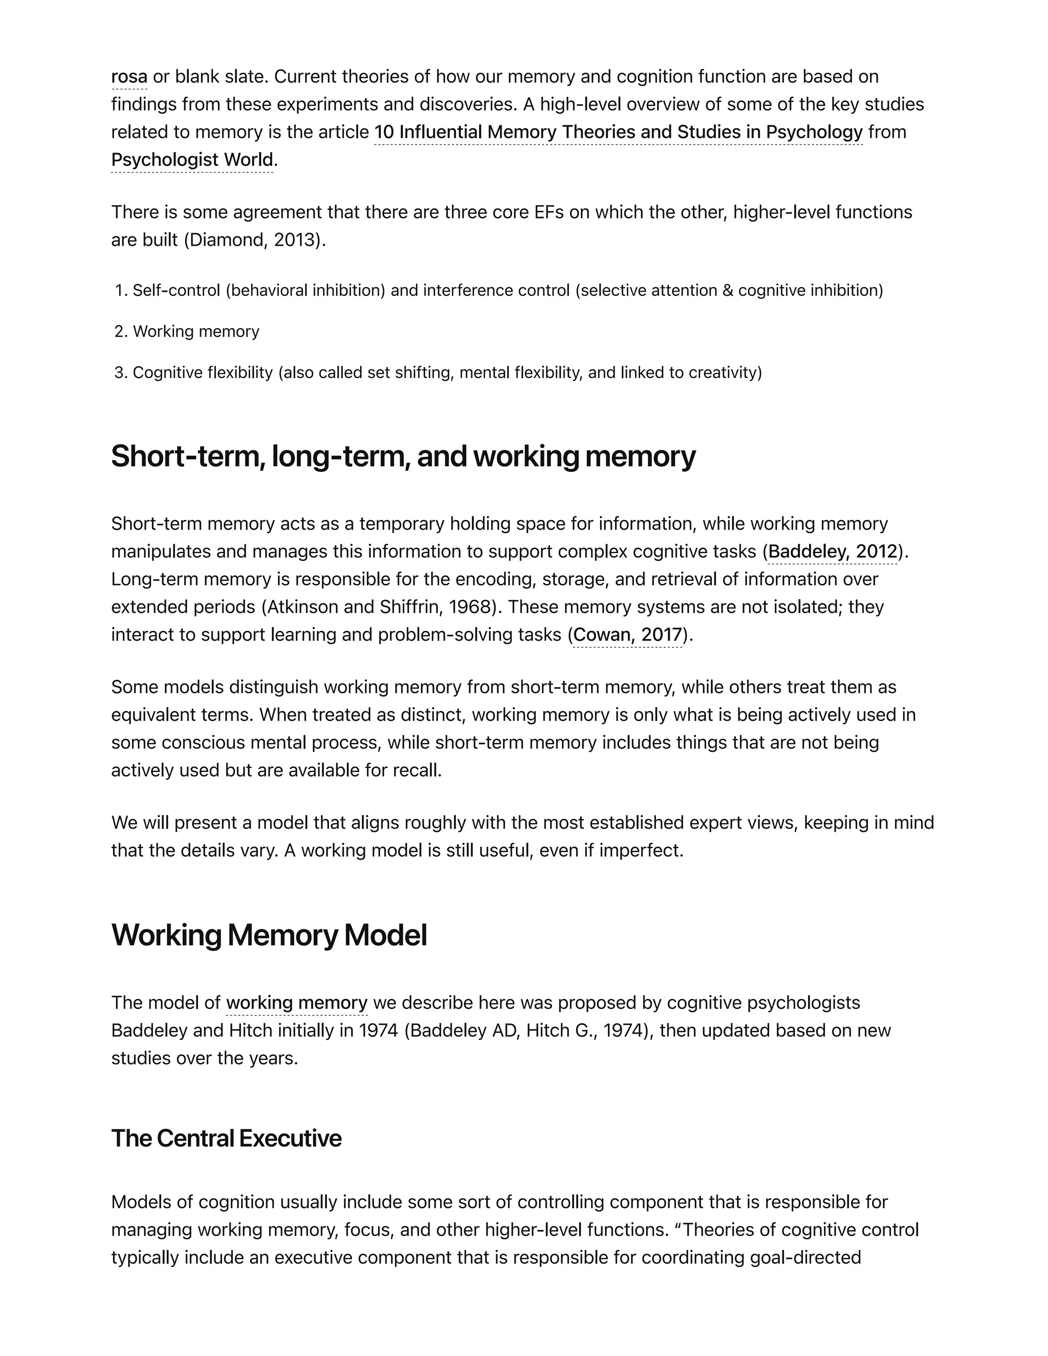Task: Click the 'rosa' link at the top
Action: click(129, 77)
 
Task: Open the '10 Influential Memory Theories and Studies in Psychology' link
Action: click(618, 132)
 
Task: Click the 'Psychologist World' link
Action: click(192, 160)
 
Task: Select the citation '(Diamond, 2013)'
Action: click(254, 239)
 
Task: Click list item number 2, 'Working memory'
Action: click(195, 332)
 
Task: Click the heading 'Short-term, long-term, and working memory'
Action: click(403, 456)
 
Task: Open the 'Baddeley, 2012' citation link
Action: click(833, 551)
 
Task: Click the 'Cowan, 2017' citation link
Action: click(627, 635)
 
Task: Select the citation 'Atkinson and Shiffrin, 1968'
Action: click(379, 606)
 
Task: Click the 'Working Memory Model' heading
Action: click(269, 935)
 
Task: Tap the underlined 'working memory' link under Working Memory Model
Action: click(297, 1003)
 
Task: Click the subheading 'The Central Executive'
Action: click(226, 1138)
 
